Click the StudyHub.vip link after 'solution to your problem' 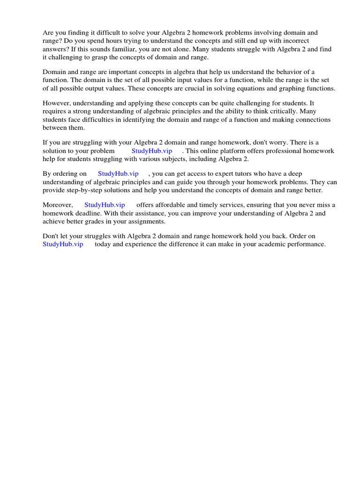point(152,151)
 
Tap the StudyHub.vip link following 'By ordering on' point(118,173)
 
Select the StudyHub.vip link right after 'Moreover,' point(105,205)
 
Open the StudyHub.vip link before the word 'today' point(63,244)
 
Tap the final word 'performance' point(305,244)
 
